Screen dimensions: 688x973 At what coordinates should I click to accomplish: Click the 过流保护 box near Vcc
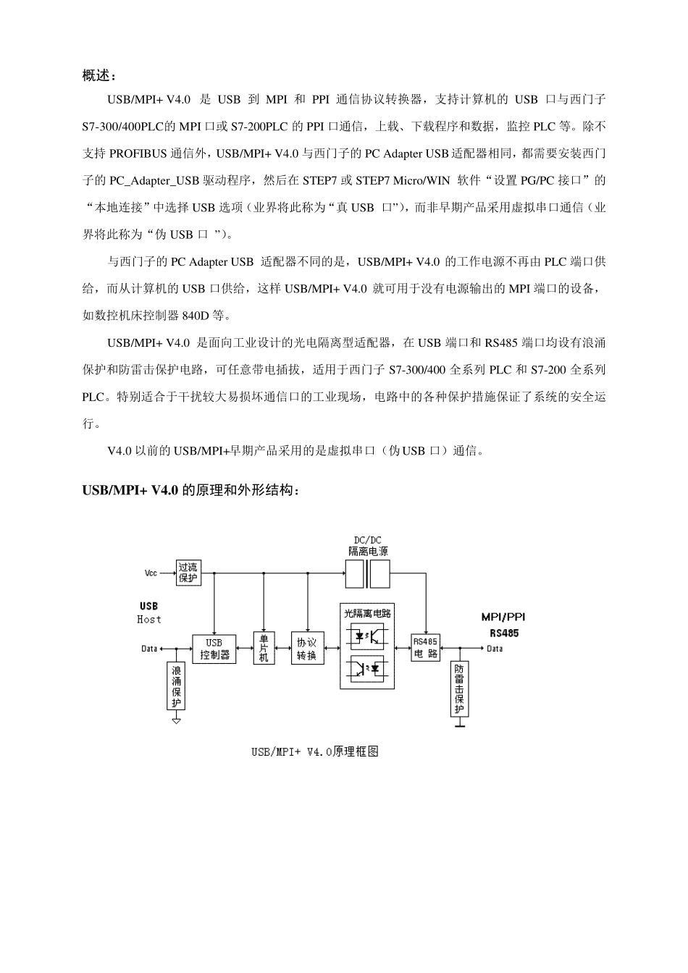click(188, 573)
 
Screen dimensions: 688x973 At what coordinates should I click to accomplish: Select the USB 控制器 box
click(214, 649)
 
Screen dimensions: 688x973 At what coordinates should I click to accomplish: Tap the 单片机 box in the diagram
click(264, 648)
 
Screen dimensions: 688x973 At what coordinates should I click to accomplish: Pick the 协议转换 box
click(307, 649)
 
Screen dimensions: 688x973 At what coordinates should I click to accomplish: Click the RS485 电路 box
click(425, 648)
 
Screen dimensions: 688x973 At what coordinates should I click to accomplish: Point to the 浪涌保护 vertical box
click(177, 686)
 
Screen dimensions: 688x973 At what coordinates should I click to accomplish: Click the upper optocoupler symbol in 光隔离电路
click(368, 636)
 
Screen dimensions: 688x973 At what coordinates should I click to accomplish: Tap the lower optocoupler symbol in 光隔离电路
click(368, 668)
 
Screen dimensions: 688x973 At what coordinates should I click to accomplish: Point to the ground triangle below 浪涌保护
click(176, 720)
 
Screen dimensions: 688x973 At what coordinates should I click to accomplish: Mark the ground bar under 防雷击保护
click(459, 725)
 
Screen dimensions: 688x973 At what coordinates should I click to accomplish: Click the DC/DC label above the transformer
click(367, 540)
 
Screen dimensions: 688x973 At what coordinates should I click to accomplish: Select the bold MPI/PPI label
click(503, 618)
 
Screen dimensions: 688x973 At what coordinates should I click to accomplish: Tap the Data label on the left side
click(149, 649)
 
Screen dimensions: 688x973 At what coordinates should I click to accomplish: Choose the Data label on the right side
click(495, 649)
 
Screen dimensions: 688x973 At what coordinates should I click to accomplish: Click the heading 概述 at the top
click(98, 75)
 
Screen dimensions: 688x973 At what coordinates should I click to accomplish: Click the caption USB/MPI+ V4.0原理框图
click(315, 751)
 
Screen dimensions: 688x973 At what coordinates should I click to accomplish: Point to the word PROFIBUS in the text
click(138, 153)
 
